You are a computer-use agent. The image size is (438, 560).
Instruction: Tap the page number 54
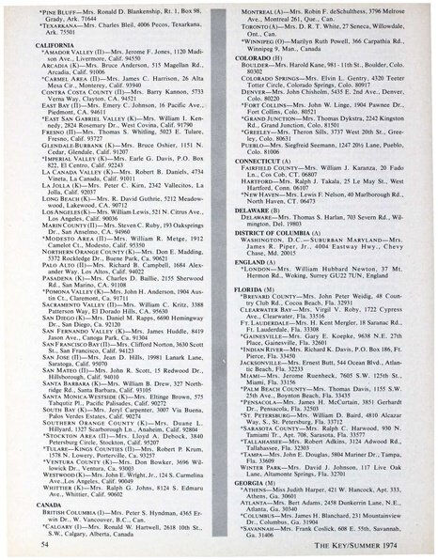(46, 543)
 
